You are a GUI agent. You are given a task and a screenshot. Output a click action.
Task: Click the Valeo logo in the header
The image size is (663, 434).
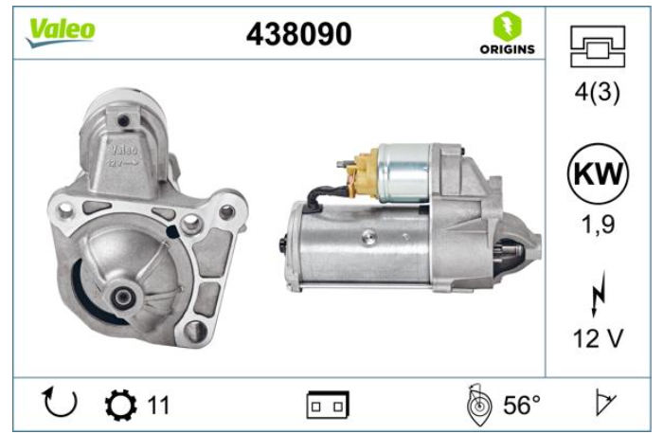pos(61,32)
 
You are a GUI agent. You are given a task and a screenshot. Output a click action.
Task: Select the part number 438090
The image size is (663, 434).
pos(298,34)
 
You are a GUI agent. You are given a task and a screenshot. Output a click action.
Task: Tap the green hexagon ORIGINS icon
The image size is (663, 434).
pos(507,27)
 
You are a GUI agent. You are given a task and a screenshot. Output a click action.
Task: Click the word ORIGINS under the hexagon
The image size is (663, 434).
pos(507,49)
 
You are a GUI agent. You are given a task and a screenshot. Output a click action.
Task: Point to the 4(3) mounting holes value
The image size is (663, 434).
pos(597,92)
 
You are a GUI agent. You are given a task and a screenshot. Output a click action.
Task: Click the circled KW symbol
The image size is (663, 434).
pos(598,173)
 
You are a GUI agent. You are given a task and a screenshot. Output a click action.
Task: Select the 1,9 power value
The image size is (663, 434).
pos(598,225)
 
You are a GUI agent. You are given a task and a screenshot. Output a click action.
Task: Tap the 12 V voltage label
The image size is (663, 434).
pos(598,338)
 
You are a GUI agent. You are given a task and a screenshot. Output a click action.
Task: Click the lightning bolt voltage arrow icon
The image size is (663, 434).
pos(599,295)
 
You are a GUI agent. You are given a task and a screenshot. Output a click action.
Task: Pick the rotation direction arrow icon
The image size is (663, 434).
pos(60,402)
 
